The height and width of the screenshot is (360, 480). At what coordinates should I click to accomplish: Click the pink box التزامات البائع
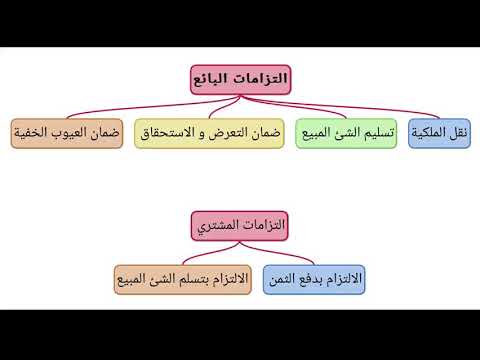240,80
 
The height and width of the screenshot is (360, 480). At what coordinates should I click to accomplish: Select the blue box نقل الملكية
441,133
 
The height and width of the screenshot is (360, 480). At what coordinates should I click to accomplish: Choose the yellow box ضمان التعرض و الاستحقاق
209,133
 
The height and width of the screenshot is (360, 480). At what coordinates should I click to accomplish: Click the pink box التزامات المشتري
240,227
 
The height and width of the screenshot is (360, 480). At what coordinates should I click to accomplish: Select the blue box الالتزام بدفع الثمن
314,278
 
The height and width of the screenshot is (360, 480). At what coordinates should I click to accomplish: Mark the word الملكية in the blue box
430,133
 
